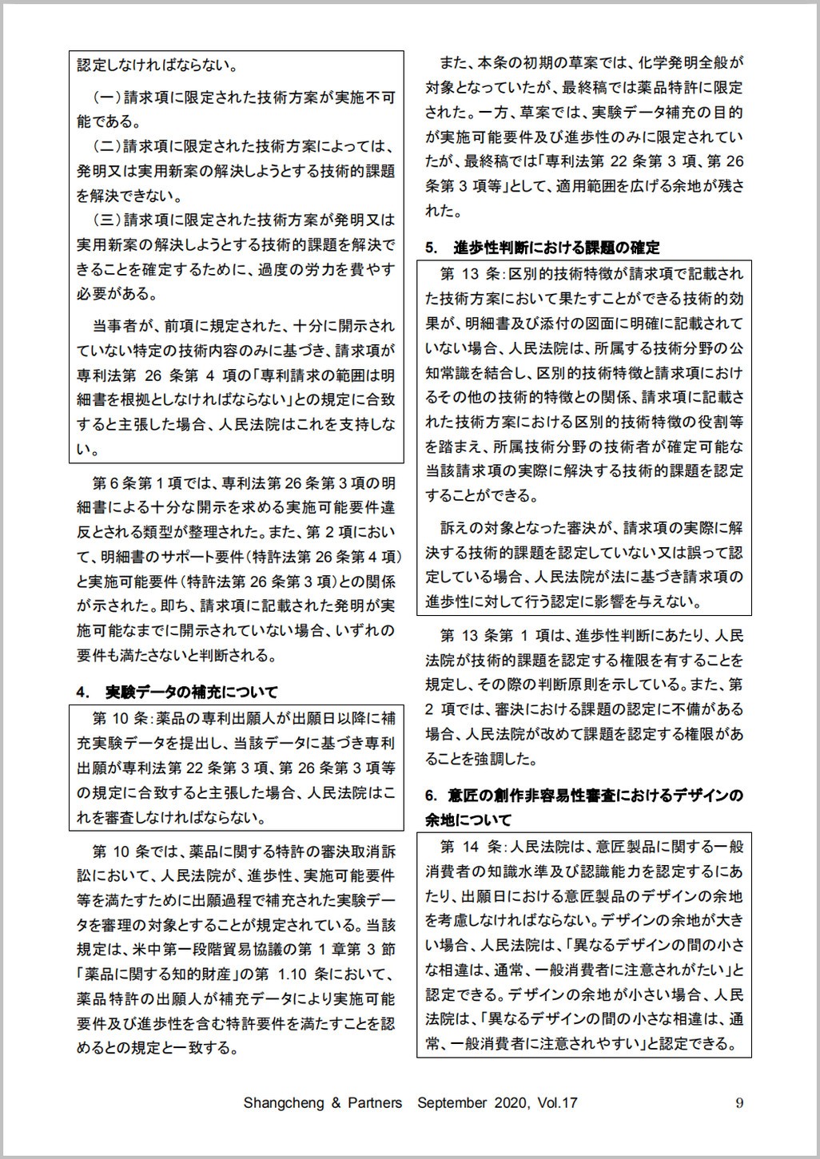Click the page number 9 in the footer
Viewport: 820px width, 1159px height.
click(739, 1103)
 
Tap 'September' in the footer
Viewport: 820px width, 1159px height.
click(452, 1103)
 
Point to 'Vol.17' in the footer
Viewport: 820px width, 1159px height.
click(557, 1103)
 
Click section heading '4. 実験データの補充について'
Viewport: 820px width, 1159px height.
click(177, 691)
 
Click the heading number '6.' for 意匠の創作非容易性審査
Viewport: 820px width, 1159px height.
click(433, 796)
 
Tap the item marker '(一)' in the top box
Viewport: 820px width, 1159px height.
click(106, 97)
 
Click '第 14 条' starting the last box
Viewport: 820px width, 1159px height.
click(471, 846)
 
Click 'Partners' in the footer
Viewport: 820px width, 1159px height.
click(375, 1103)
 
